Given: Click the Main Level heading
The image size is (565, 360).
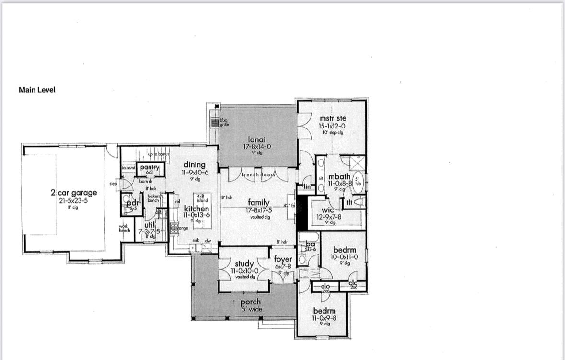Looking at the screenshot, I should tap(37, 90).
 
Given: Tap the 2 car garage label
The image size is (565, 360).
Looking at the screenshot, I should tap(74, 193).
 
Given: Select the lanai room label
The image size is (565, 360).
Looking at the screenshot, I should tap(257, 139).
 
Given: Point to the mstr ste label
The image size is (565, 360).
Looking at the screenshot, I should tap(333, 118).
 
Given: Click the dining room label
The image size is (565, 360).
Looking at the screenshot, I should tap(195, 165).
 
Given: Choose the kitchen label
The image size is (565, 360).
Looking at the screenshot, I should tap(196, 209).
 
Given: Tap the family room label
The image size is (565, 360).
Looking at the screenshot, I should tap(258, 203).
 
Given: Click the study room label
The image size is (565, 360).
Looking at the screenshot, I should tap(244, 264).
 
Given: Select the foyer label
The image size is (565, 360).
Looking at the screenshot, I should tap(283, 259).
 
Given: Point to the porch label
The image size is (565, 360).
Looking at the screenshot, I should tap(251, 302).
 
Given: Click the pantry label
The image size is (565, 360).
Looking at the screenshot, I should tap(150, 167).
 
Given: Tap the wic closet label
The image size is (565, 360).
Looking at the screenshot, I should tap(328, 210).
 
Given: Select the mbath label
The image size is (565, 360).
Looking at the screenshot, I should tap(339, 176).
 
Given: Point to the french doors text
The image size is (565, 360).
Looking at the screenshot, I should tap(258, 175).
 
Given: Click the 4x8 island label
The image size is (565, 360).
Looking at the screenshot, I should tap(202, 198).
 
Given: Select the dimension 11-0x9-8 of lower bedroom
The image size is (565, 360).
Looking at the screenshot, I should tap(324, 318).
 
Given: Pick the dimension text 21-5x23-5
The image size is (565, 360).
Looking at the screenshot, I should tap(74, 201).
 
